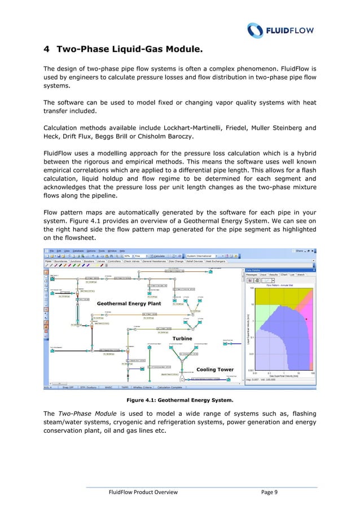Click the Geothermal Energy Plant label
tap(129, 303)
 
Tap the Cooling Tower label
tap(214, 370)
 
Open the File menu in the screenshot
tap(51, 251)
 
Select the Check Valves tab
tap(117, 261)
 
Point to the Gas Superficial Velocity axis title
tap(286, 378)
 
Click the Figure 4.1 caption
tap(179, 401)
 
